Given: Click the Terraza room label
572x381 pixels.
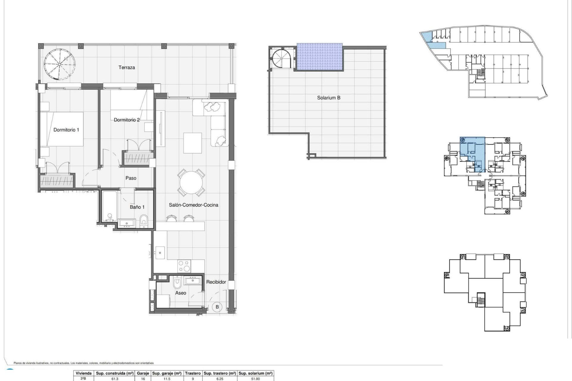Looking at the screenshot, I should (127, 68).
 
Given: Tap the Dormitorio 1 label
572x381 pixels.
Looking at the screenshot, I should (66, 130).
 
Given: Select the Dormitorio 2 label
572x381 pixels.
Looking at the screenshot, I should (127, 120).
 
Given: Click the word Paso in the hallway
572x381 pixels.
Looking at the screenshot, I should (131, 178).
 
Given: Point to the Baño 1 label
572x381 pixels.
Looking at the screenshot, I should (137, 207).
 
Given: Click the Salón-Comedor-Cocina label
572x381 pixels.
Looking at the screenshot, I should (193, 205).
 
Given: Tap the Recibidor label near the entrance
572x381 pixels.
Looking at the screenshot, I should (216, 282).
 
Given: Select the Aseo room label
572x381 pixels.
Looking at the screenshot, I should (181, 293).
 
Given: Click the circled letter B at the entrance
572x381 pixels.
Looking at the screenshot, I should (217, 307).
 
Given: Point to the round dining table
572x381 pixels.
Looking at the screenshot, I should (192, 182).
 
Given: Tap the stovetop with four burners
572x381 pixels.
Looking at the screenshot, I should (184, 266).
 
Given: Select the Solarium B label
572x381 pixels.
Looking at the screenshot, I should (329, 98).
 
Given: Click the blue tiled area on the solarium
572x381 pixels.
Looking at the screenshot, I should (319, 57).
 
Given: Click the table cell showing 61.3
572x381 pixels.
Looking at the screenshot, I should (115, 379).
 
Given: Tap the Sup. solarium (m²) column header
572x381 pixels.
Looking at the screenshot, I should (256, 373).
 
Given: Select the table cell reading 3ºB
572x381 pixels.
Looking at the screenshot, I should (83, 379).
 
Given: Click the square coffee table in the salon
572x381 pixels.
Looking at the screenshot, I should (192, 143).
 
